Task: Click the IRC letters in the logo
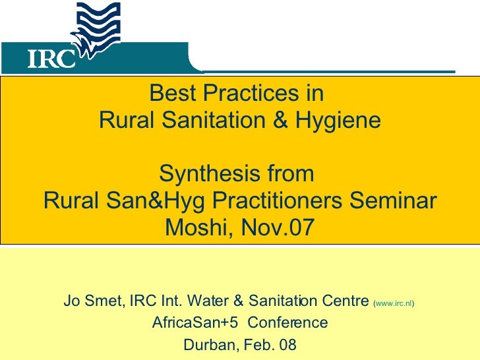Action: [x=51, y=59]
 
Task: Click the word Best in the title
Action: [x=169, y=95]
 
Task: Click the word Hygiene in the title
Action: [x=340, y=121]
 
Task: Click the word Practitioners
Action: [x=280, y=201]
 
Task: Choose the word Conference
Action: [x=287, y=323]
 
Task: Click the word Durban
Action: [x=206, y=344]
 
